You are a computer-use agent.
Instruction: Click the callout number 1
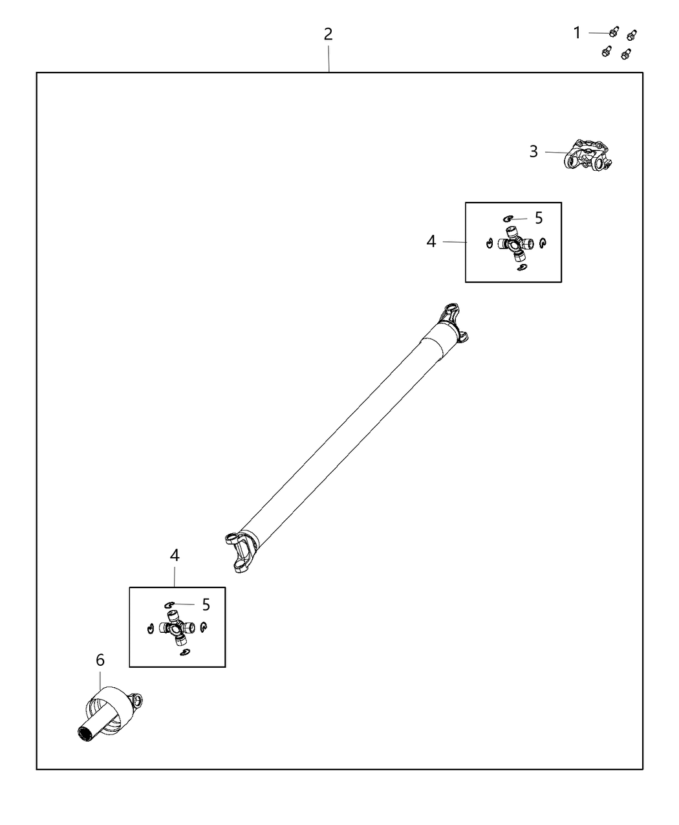point(577,32)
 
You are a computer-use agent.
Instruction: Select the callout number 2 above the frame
point(329,34)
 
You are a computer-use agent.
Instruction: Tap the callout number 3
point(533,151)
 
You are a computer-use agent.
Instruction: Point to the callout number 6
point(100,660)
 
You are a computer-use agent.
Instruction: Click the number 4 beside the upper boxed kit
point(431,241)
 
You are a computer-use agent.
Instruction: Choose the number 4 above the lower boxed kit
point(175,555)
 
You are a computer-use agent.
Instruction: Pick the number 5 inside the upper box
point(539,218)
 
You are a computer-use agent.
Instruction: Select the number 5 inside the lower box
point(206,604)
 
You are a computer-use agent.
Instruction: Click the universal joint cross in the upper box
point(515,244)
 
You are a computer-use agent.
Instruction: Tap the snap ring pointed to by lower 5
point(170,604)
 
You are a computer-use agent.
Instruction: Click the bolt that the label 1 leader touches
point(614,32)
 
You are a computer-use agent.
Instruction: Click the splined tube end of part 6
point(84,732)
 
